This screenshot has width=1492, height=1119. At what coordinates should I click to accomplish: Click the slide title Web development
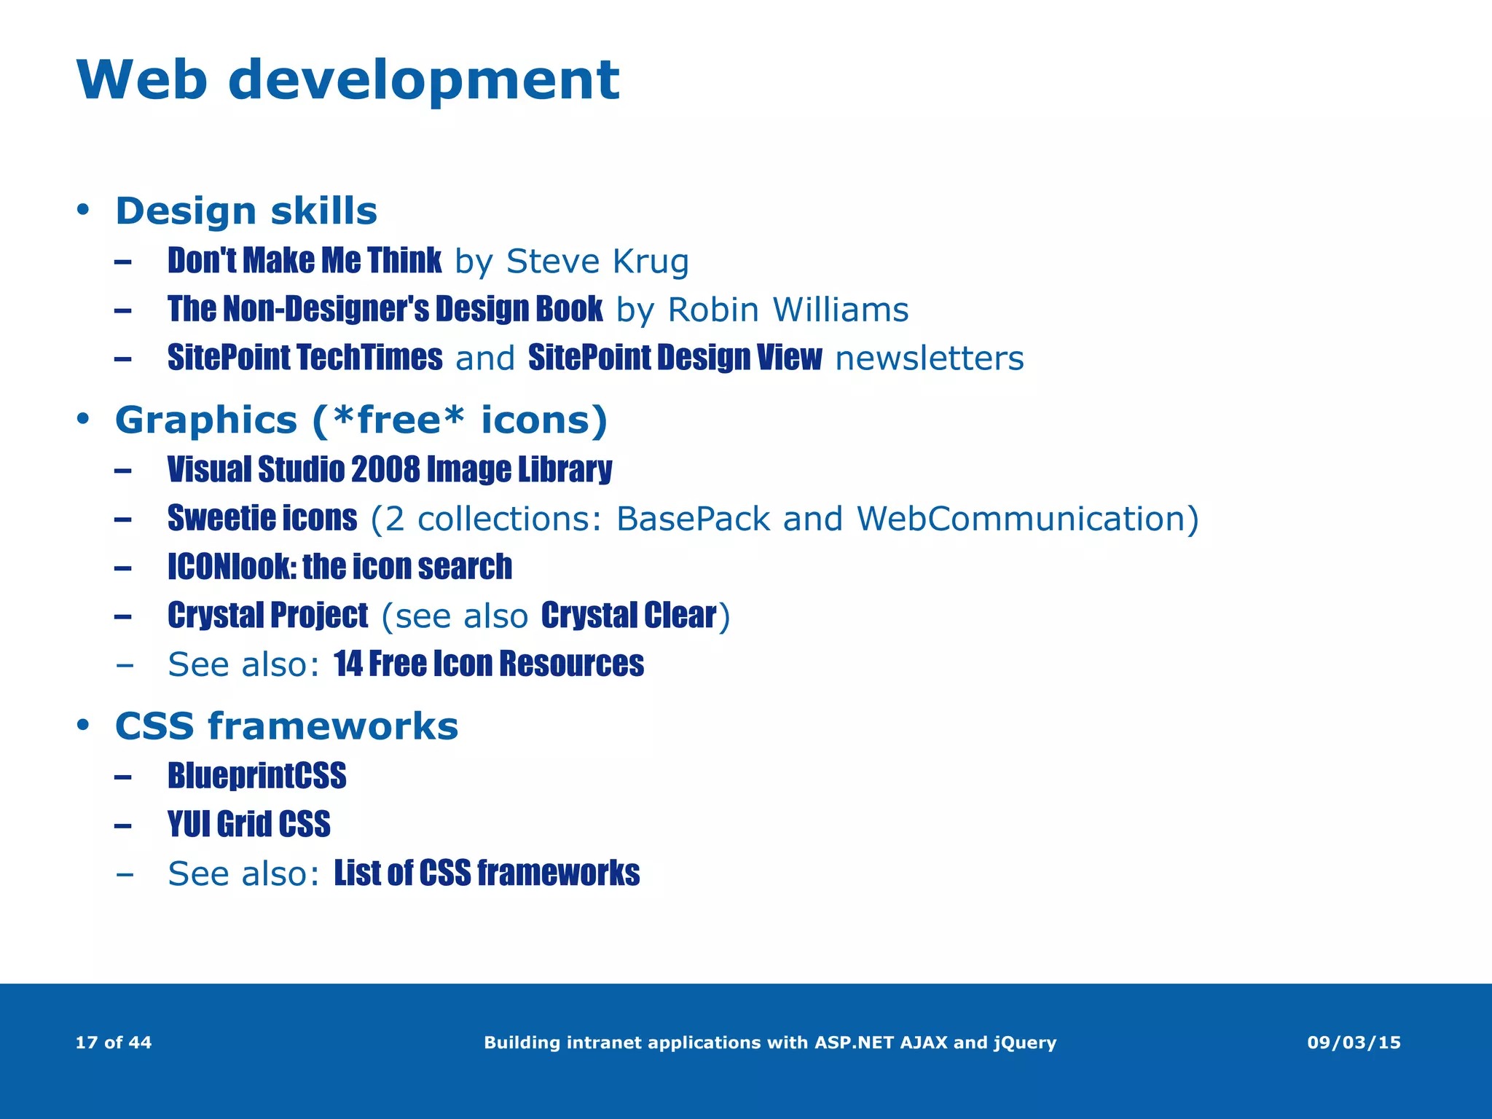(x=348, y=80)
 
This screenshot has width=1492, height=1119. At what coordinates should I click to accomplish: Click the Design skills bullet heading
(x=246, y=211)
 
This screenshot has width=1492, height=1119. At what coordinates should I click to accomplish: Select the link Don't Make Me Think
(x=304, y=261)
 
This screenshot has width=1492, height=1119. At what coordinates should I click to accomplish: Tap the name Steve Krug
(x=597, y=262)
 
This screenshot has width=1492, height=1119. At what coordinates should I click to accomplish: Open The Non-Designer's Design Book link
(x=385, y=310)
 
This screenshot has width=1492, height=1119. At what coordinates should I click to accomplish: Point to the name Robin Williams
(x=788, y=310)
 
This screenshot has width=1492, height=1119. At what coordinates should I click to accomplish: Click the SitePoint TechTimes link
(x=305, y=358)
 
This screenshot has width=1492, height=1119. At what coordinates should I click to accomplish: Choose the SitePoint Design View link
(x=675, y=358)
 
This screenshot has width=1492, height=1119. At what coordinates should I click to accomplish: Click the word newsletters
(x=929, y=358)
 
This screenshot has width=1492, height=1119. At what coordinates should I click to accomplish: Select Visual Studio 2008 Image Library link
(x=390, y=470)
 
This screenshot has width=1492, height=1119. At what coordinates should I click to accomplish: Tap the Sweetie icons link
(x=262, y=519)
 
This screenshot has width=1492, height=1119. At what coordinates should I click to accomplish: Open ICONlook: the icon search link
(x=339, y=567)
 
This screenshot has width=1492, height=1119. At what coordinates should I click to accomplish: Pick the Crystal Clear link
(x=629, y=616)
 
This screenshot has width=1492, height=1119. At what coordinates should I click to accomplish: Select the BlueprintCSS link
(x=256, y=776)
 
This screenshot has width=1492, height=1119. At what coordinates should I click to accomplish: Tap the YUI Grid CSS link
(x=248, y=825)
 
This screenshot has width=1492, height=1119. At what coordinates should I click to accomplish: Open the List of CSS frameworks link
(x=487, y=873)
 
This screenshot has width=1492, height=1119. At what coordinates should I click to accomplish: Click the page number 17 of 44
(x=114, y=1043)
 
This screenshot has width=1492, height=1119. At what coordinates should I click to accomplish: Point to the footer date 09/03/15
(x=1354, y=1043)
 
